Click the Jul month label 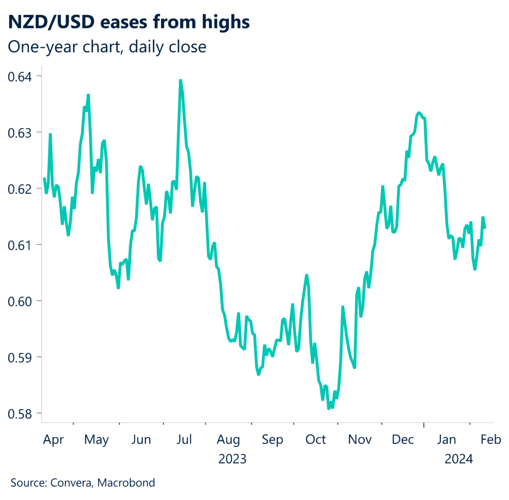point(184,440)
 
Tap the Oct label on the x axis point(316,440)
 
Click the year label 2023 point(232,459)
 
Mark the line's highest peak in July point(180,80)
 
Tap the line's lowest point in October point(329,408)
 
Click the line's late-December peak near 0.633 point(419,113)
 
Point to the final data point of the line point(485,228)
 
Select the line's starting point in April point(44,178)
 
